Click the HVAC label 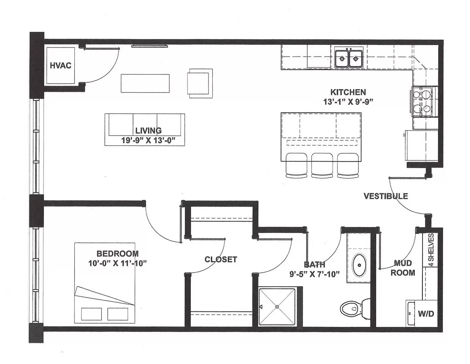[61, 65]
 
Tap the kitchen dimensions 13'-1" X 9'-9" [348, 102]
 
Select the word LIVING [148, 130]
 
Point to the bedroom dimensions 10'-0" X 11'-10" [118, 264]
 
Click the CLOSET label [221, 259]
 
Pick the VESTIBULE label [386, 196]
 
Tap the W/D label [426, 314]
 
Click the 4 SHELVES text [431, 250]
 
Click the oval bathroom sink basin [359, 265]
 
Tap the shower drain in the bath [277, 307]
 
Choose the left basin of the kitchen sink [342, 58]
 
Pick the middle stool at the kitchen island [322, 165]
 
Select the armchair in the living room [200, 84]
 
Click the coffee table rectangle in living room [145, 83]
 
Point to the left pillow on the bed [91, 314]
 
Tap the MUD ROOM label [403, 268]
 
